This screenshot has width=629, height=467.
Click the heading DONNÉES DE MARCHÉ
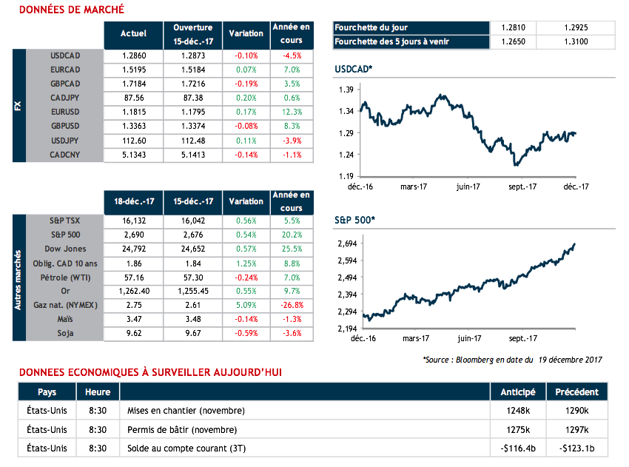coord(71,10)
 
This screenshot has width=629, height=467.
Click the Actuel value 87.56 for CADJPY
coord(132,96)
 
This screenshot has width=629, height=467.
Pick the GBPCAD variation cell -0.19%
coord(246,83)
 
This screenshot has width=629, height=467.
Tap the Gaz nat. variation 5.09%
coord(246,304)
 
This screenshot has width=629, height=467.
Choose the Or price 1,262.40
coord(132,291)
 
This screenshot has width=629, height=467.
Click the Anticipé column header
coord(518,392)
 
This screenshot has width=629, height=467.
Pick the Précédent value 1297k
coord(576,429)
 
